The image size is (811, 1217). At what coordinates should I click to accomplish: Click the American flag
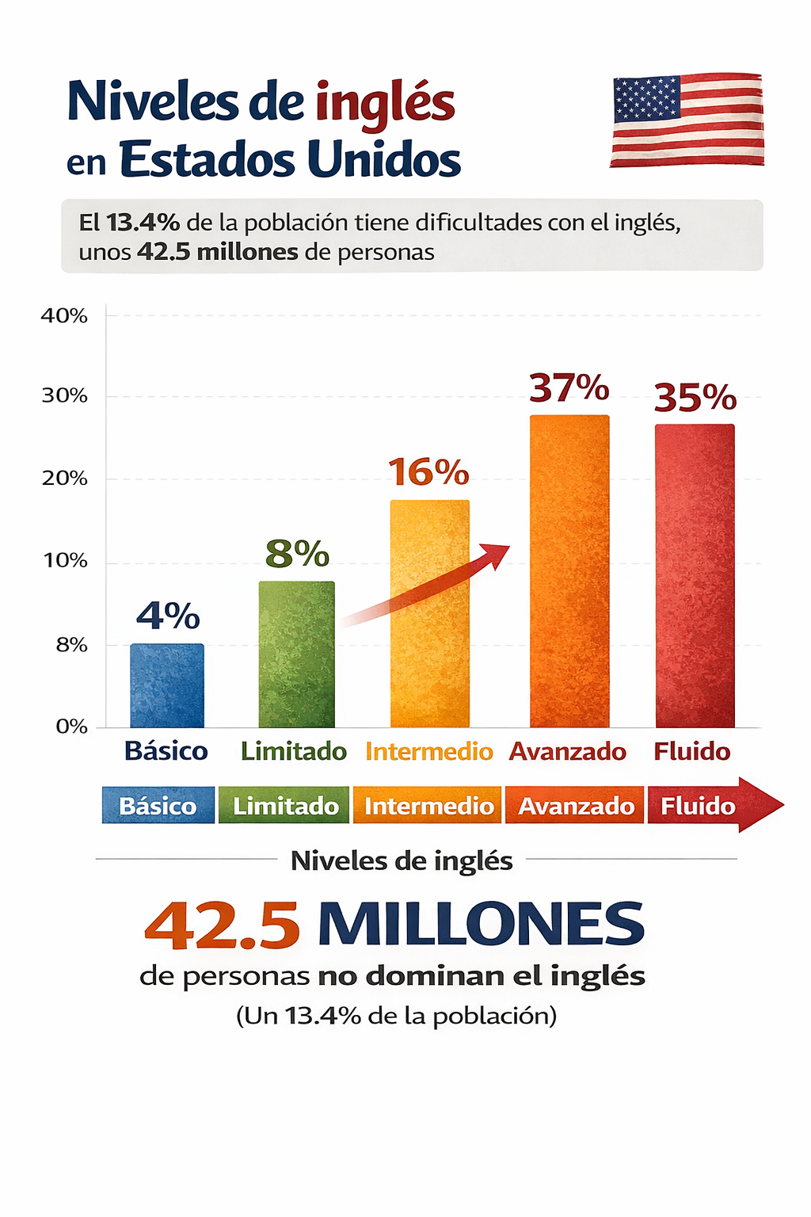[x=687, y=120]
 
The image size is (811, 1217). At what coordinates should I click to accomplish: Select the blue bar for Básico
[x=167, y=686]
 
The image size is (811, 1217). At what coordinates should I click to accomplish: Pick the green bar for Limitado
[x=297, y=654]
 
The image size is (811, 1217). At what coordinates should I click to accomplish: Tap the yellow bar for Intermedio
[x=430, y=614]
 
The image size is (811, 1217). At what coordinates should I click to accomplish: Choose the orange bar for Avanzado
[x=569, y=571]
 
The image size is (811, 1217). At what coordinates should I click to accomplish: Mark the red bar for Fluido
[x=695, y=576]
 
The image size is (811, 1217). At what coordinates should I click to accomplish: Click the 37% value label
[x=569, y=388]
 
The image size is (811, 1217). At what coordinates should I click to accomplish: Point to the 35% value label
[x=695, y=398]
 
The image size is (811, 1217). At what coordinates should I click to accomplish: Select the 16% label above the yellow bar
[x=428, y=472]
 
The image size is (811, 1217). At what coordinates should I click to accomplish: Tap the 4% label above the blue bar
[x=168, y=616]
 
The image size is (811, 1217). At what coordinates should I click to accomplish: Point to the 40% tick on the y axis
[x=64, y=316]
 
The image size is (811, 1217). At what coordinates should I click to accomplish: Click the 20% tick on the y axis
[x=64, y=479]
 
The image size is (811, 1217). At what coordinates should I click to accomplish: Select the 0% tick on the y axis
[x=71, y=727]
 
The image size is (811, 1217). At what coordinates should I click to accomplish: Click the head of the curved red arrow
[x=497, y=554]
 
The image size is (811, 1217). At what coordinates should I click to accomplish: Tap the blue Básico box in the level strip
[x=158, y=806]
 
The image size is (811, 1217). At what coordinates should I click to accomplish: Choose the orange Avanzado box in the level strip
[x=576, y=806]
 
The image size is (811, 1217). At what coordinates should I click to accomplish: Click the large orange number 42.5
[x=223, y=925]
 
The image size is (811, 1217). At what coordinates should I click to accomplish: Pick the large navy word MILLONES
[x=481, y=924]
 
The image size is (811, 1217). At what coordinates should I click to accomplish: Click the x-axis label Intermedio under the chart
[x=428, y=751]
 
